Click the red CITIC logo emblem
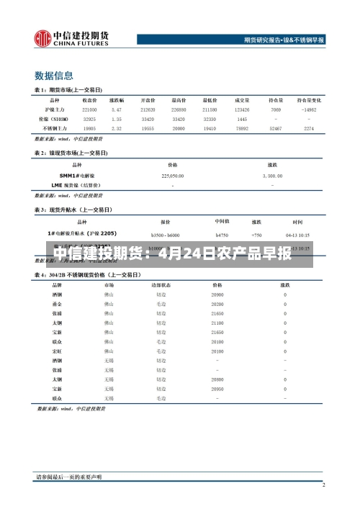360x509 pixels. (42, 37)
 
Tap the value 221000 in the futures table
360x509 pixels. (89, 109)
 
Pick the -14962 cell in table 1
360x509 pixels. (309, 109)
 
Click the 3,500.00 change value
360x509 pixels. (273, 175)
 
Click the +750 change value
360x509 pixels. (256, 234)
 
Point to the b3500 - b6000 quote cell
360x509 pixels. (166, 234)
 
